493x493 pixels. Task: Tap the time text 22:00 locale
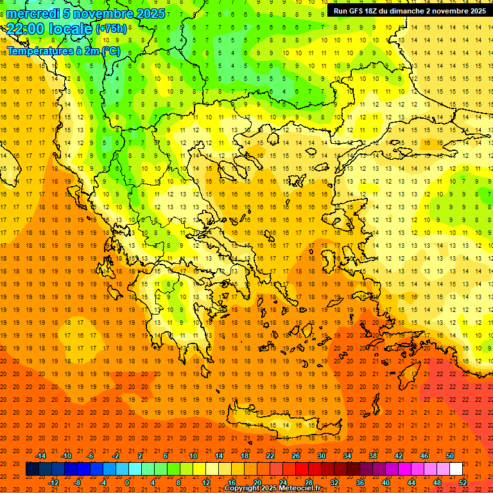(49, 28)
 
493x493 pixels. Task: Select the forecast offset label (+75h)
(111, 29)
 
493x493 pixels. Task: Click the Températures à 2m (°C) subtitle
(63, 50)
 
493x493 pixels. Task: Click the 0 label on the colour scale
(127, 483)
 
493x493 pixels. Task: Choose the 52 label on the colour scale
(463, 483)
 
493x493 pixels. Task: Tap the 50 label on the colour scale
(450, 456)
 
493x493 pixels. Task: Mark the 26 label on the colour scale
(296, 456)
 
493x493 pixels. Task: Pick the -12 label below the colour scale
(53, 483)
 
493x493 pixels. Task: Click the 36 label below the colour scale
(359, 483)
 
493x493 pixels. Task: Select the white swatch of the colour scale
(456, 469)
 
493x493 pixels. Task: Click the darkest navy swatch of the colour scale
(32, 469)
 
